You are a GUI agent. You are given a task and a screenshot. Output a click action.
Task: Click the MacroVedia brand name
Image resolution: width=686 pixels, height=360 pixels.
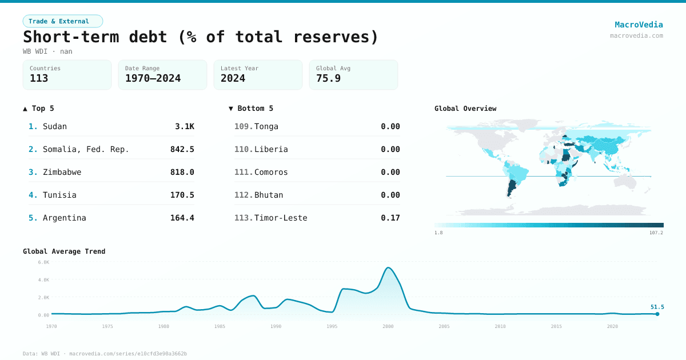coord(639,25)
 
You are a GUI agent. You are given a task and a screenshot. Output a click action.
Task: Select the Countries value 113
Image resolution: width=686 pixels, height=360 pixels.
coord(39,78)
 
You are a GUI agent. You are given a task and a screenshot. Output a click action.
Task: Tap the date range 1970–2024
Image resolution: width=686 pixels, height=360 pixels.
coord(153,78)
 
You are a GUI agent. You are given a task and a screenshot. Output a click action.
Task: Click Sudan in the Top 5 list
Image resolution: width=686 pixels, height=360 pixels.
coord(55,126)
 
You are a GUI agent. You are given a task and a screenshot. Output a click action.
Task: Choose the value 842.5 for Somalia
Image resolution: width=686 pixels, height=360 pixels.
coord(182,149)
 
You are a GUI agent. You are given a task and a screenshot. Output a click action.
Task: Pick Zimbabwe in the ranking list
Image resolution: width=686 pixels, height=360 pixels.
coord(62,172)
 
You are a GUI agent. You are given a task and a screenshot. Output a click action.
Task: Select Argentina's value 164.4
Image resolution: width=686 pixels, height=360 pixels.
coord(182,218)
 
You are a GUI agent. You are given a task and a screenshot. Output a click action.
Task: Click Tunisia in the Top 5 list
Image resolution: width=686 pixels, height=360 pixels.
coord(59,195)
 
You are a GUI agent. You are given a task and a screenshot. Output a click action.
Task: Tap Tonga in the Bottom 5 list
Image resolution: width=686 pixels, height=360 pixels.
coord(266,126)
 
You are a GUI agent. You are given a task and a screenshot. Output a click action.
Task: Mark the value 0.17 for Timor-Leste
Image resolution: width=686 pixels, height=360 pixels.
coord(390,218)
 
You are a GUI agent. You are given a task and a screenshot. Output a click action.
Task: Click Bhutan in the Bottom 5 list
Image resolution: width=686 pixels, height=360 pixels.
coord(269,195)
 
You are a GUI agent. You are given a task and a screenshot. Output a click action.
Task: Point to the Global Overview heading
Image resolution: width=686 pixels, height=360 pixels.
coord(465,109)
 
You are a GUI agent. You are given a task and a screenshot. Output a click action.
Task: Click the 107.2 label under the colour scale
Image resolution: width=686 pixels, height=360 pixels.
coord(656,233)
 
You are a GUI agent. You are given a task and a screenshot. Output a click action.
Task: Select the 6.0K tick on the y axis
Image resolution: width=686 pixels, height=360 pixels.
coord(43,262)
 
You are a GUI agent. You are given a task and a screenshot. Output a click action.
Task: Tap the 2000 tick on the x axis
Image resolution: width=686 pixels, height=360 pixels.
coord(388,326)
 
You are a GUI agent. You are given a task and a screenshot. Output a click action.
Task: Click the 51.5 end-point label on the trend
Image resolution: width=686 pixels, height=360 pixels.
coord(657,307)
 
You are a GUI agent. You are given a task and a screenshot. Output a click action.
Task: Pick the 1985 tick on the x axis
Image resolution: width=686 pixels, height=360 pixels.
coord(220,326)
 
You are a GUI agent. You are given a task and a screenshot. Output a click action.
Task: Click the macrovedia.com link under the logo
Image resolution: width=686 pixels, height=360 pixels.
coord(636,35)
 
